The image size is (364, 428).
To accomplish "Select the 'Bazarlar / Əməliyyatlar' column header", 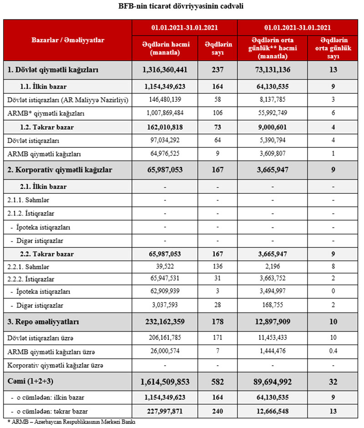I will [68, 40].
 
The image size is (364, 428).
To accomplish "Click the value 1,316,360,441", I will [165, 70].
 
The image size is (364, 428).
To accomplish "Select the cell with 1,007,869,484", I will [165, 113].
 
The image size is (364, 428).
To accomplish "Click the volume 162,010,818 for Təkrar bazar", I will [165, 127].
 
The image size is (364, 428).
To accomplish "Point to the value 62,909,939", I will [165, 291].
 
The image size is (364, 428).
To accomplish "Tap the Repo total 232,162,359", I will [165, 322].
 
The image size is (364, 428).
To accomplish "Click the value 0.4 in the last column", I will [333, 351].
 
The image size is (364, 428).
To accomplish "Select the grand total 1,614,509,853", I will [165, 381].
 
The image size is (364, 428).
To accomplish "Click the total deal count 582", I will [218, 381].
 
